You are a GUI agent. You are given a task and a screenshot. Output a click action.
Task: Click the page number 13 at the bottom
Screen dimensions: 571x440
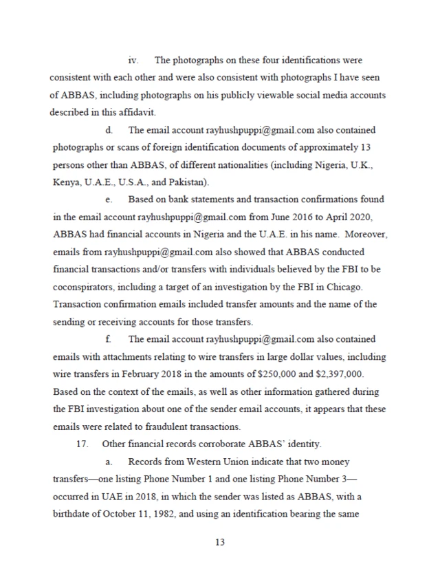tap(220, 541)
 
